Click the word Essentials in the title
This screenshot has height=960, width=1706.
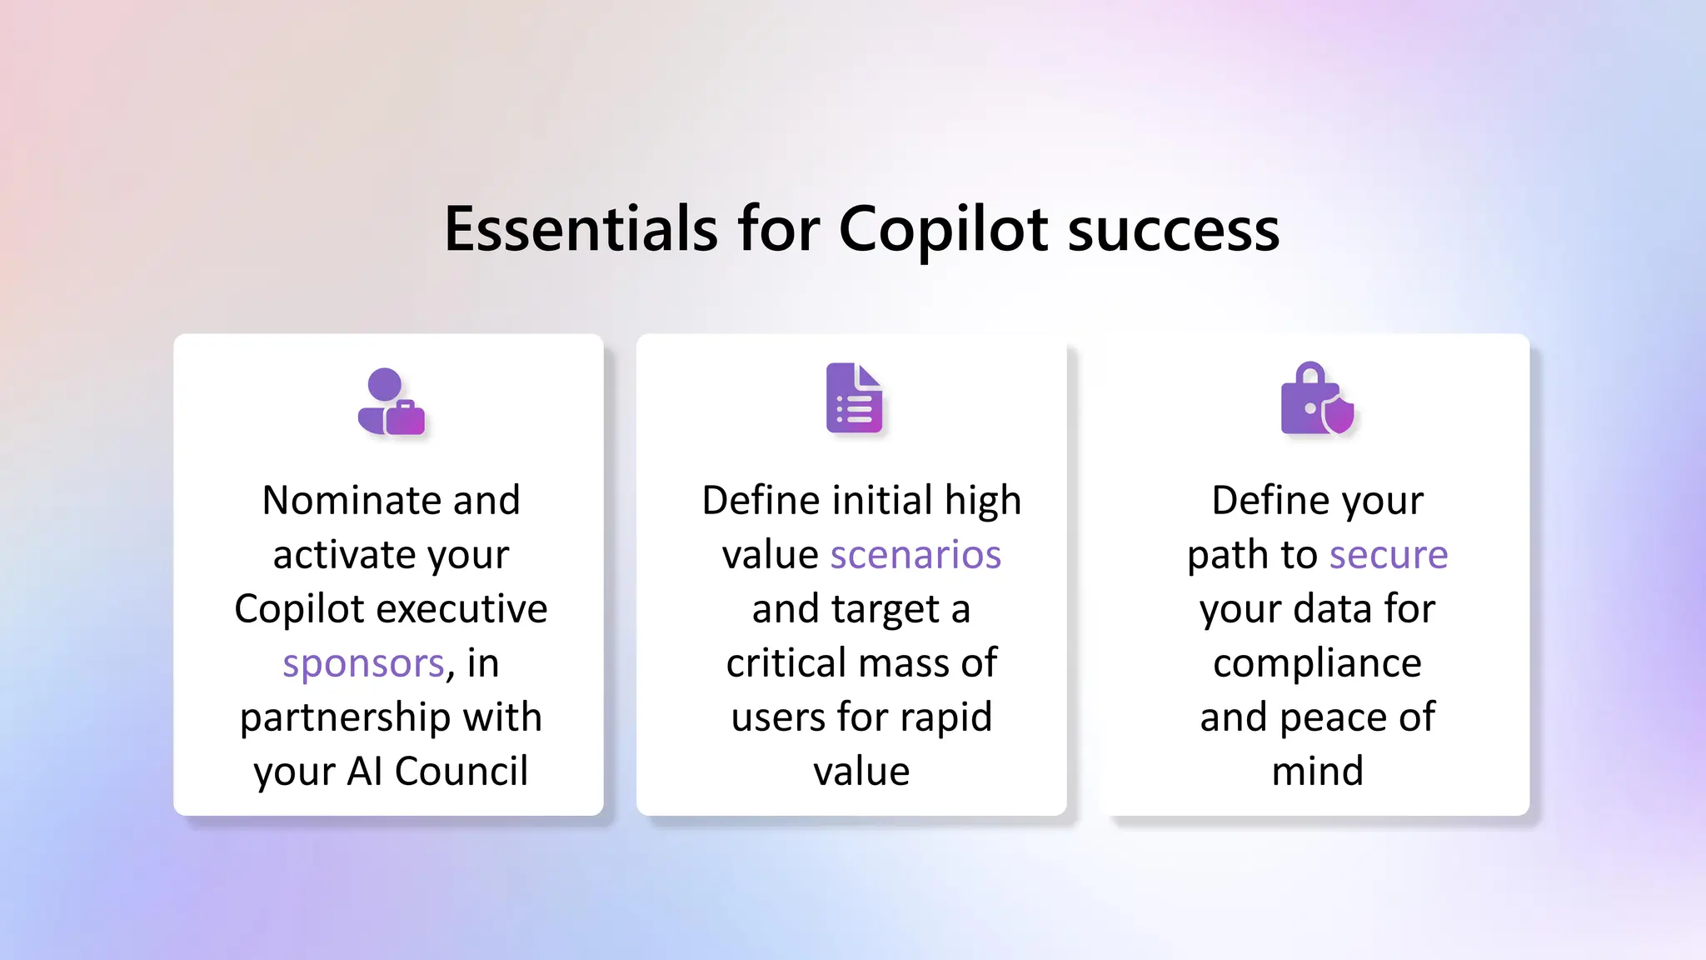581,229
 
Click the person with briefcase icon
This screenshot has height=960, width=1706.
391,402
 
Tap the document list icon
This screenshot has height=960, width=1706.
854,398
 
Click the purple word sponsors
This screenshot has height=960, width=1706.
363,663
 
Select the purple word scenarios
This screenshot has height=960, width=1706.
915,555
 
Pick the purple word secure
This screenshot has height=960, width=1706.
1389,555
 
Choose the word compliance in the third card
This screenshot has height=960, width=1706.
1317,664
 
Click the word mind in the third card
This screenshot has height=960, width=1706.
1317,772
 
